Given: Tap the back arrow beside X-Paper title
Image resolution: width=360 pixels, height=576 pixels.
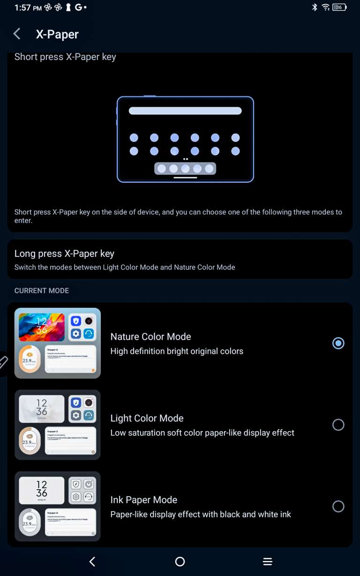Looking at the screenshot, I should point(17,34).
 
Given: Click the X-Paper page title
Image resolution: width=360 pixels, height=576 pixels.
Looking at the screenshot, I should point(57,34).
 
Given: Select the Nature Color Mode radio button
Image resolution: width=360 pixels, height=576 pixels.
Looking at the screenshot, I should point(338,343).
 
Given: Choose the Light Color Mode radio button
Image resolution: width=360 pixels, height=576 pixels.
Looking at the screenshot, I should point(338,425).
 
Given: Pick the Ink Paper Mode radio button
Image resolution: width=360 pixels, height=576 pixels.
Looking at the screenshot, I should point(338,506).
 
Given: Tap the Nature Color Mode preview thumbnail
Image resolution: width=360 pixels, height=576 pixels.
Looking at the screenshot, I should point(58,343).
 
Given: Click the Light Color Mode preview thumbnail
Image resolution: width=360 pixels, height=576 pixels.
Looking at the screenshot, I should point(58,425).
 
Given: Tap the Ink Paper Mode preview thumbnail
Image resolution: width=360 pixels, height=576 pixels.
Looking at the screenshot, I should point(58,506).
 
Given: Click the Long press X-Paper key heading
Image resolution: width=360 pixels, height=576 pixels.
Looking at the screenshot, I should point(64,254).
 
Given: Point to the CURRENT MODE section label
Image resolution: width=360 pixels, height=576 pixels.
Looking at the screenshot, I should point(42,291).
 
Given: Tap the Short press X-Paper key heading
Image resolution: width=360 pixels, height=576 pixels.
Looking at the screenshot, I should point(65,57).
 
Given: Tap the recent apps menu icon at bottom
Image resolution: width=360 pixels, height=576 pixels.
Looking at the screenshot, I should point(267,561).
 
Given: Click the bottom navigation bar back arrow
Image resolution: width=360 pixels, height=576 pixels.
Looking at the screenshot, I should point(92,561).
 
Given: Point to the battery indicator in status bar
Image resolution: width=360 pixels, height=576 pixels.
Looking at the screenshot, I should point(339,7).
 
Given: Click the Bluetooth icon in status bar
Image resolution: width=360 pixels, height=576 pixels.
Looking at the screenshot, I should point(315,7).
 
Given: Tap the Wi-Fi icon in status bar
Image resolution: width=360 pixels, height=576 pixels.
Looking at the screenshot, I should point(326,7).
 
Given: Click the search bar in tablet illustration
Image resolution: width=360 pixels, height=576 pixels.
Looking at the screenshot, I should point(185,111).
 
